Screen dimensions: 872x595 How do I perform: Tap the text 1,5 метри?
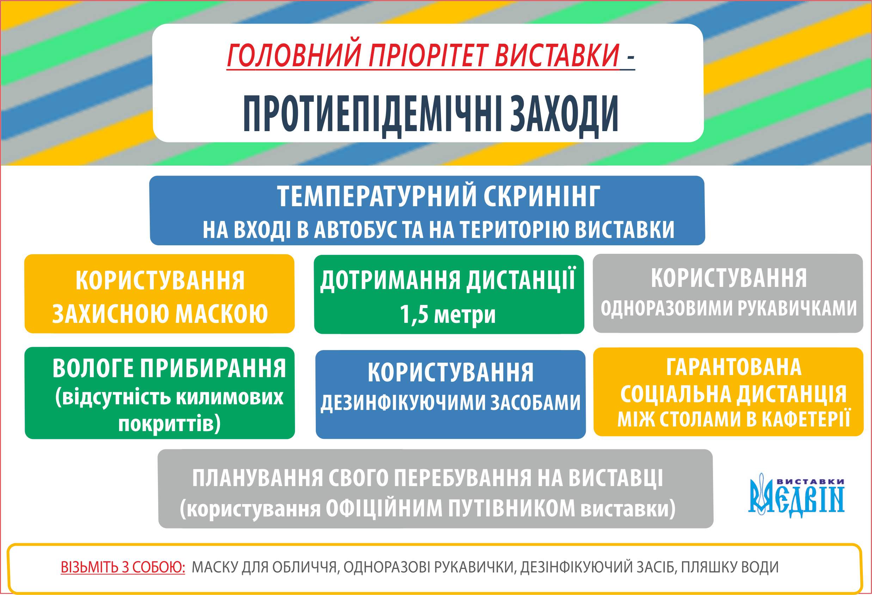pyautogui.click(x=447, y=314)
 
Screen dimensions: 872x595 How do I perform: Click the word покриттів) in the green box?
pyautogui.click(x=169, y=424)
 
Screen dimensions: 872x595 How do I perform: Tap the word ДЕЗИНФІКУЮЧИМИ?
pyautogui.click(x=403, y=403)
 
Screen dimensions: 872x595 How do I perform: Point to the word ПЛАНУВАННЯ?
pyautogui.click(x=257, y=478)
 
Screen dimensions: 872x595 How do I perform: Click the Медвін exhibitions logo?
pyautogui.click(x=796, y=496)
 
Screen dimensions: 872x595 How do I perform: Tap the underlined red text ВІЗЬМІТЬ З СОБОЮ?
pyautogui.click(x=123, y=567)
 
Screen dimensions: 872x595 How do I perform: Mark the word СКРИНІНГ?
pyautogui.click(x=542, y=196)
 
